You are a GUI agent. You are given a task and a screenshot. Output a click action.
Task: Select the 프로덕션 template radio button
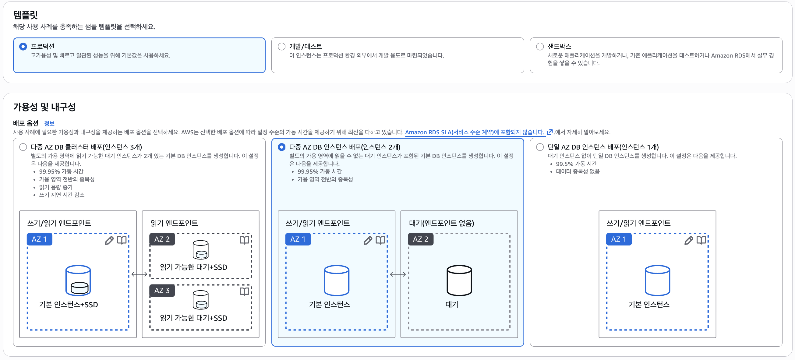pos(23,47)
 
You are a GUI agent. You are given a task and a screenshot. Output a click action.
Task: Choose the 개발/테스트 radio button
pos(281,47)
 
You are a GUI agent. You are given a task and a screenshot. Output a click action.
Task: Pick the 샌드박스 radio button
pos(540,47)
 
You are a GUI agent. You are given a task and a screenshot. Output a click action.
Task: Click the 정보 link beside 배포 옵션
pos(49,123)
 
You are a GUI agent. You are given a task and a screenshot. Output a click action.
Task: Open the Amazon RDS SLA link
pos(474,132)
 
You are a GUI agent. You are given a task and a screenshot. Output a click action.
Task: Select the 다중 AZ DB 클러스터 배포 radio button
pos(23,147)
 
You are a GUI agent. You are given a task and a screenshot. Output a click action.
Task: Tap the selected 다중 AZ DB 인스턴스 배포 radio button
pos(281,147)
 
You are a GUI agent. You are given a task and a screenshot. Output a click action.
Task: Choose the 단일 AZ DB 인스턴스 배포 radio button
pos(540,147)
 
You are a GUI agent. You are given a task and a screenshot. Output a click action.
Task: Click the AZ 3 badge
pos(162,291)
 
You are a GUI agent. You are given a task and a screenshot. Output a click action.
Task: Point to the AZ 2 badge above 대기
pos(420,239)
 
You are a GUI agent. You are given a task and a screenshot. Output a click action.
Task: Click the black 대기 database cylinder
pos(459,280)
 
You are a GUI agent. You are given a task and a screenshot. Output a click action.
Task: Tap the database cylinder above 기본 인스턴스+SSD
pos(78,280)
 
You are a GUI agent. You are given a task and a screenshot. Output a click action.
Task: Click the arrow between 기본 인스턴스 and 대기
pos(398,274)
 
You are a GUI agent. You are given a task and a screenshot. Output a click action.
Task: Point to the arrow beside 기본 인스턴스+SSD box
pos(139,274)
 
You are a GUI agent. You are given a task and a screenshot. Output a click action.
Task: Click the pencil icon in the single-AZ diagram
pos(688,241)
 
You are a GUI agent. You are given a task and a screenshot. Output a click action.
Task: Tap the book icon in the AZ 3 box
pos(244,291)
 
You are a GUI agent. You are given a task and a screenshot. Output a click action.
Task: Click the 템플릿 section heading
pos(25,15)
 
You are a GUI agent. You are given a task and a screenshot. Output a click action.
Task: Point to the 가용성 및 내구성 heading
pos(44,107)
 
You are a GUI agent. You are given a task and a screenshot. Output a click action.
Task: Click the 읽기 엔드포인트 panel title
pos(174,223)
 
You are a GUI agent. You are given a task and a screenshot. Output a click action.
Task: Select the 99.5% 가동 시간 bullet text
pos(576,164)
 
